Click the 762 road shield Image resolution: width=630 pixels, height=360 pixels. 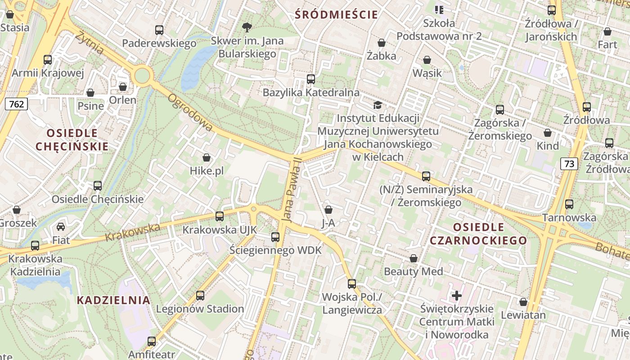[x=17, y=104]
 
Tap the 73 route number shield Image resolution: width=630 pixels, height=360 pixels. [x=569, y=164]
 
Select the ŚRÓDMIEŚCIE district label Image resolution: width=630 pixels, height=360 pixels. [x=336, y=14]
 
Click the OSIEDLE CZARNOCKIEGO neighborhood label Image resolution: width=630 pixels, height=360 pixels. [x=478, y=233]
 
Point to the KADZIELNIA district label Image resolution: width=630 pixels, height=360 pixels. [x=113, y=300]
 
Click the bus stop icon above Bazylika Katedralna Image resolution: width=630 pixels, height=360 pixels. [x=310, y=79]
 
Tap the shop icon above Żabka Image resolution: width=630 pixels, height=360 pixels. [x=382, y=43]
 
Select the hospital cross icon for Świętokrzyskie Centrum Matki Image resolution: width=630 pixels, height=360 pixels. [x=457, y=296]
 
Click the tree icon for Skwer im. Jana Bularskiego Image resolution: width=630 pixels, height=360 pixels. [x=247, y=27]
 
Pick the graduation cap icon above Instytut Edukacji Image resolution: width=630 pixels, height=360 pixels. [x=377, y=105]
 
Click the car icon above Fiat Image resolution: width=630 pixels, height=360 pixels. [x=61, y=226]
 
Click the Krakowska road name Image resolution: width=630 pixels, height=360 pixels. [x=132, y=232]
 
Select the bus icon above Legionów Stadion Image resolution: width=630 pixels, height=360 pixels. [x=200, y=296]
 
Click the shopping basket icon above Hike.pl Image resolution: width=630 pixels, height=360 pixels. [x=207, y=157]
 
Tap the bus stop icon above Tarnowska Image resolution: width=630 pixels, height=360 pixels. [x=569, y=204]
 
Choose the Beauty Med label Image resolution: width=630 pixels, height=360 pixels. [x=413, y=271]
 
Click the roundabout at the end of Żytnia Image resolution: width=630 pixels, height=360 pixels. [x=142, y=75]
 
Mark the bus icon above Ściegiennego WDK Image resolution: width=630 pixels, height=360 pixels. [x=275, y=237]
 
